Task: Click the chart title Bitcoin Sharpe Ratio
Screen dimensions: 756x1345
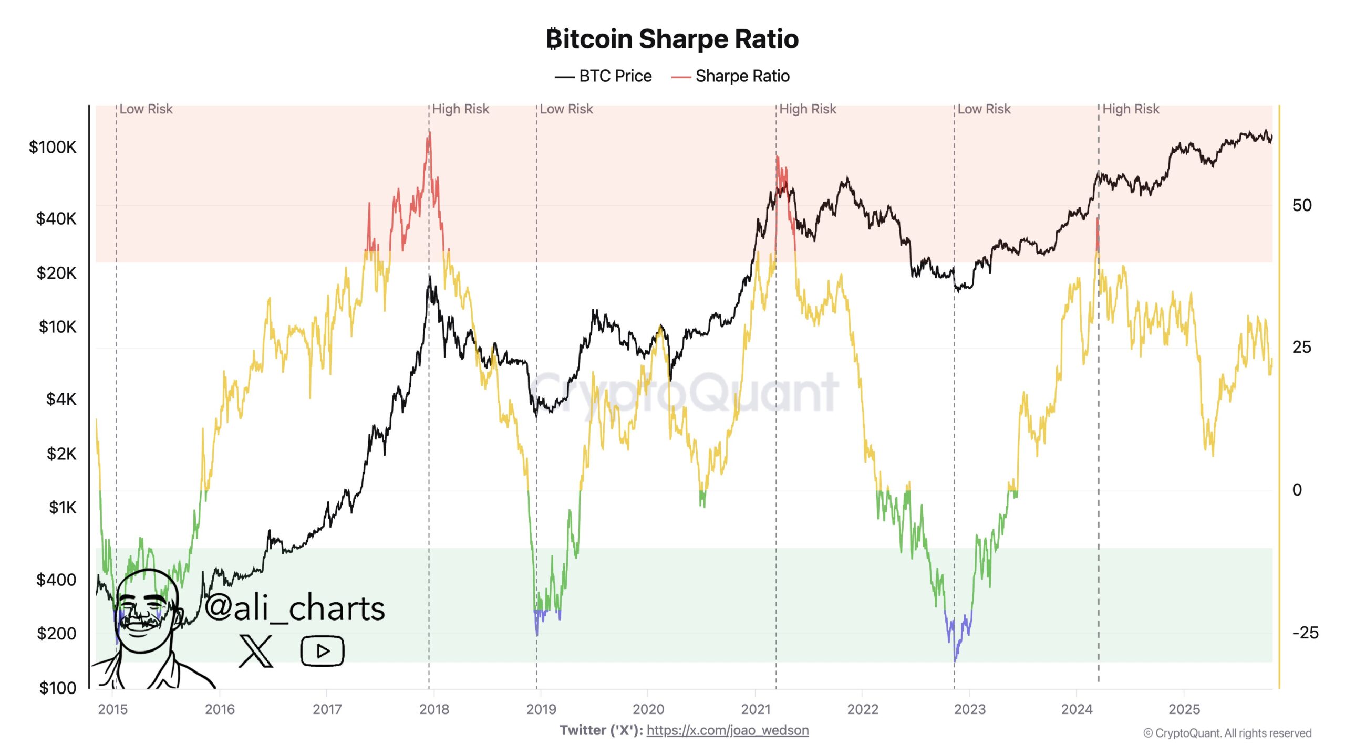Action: (x=672, y=39)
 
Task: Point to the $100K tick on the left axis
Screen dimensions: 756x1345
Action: (x=53, y=147)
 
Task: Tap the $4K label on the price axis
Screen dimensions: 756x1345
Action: (x=61, y=399)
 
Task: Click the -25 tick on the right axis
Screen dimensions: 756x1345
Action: (x=1305, y=633)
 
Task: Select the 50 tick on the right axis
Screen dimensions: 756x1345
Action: (x=1302, y=205)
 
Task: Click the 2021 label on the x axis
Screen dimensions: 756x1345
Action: (x=755, y=709)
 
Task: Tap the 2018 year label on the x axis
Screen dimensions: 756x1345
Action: (x=434, y=709)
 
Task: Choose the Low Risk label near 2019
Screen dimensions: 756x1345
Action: (x=566, y=109)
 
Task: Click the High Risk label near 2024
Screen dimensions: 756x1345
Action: (x=1130, y=109)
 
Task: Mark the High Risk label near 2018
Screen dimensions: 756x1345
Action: (x=460, y=109)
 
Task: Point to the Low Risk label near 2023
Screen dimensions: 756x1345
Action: (x=984, y=109)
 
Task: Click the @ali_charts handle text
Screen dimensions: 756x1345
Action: (x=294, y=608)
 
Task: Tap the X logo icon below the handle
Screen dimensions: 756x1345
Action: (x=256, y=651)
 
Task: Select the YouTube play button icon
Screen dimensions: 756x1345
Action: (x=322, y=651)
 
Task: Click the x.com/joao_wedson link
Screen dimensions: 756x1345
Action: (x=727, y=730)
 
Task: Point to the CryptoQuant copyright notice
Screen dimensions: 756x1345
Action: (x=1227, y=733)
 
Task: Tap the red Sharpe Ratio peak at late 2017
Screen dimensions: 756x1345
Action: (x=429, y=138)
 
